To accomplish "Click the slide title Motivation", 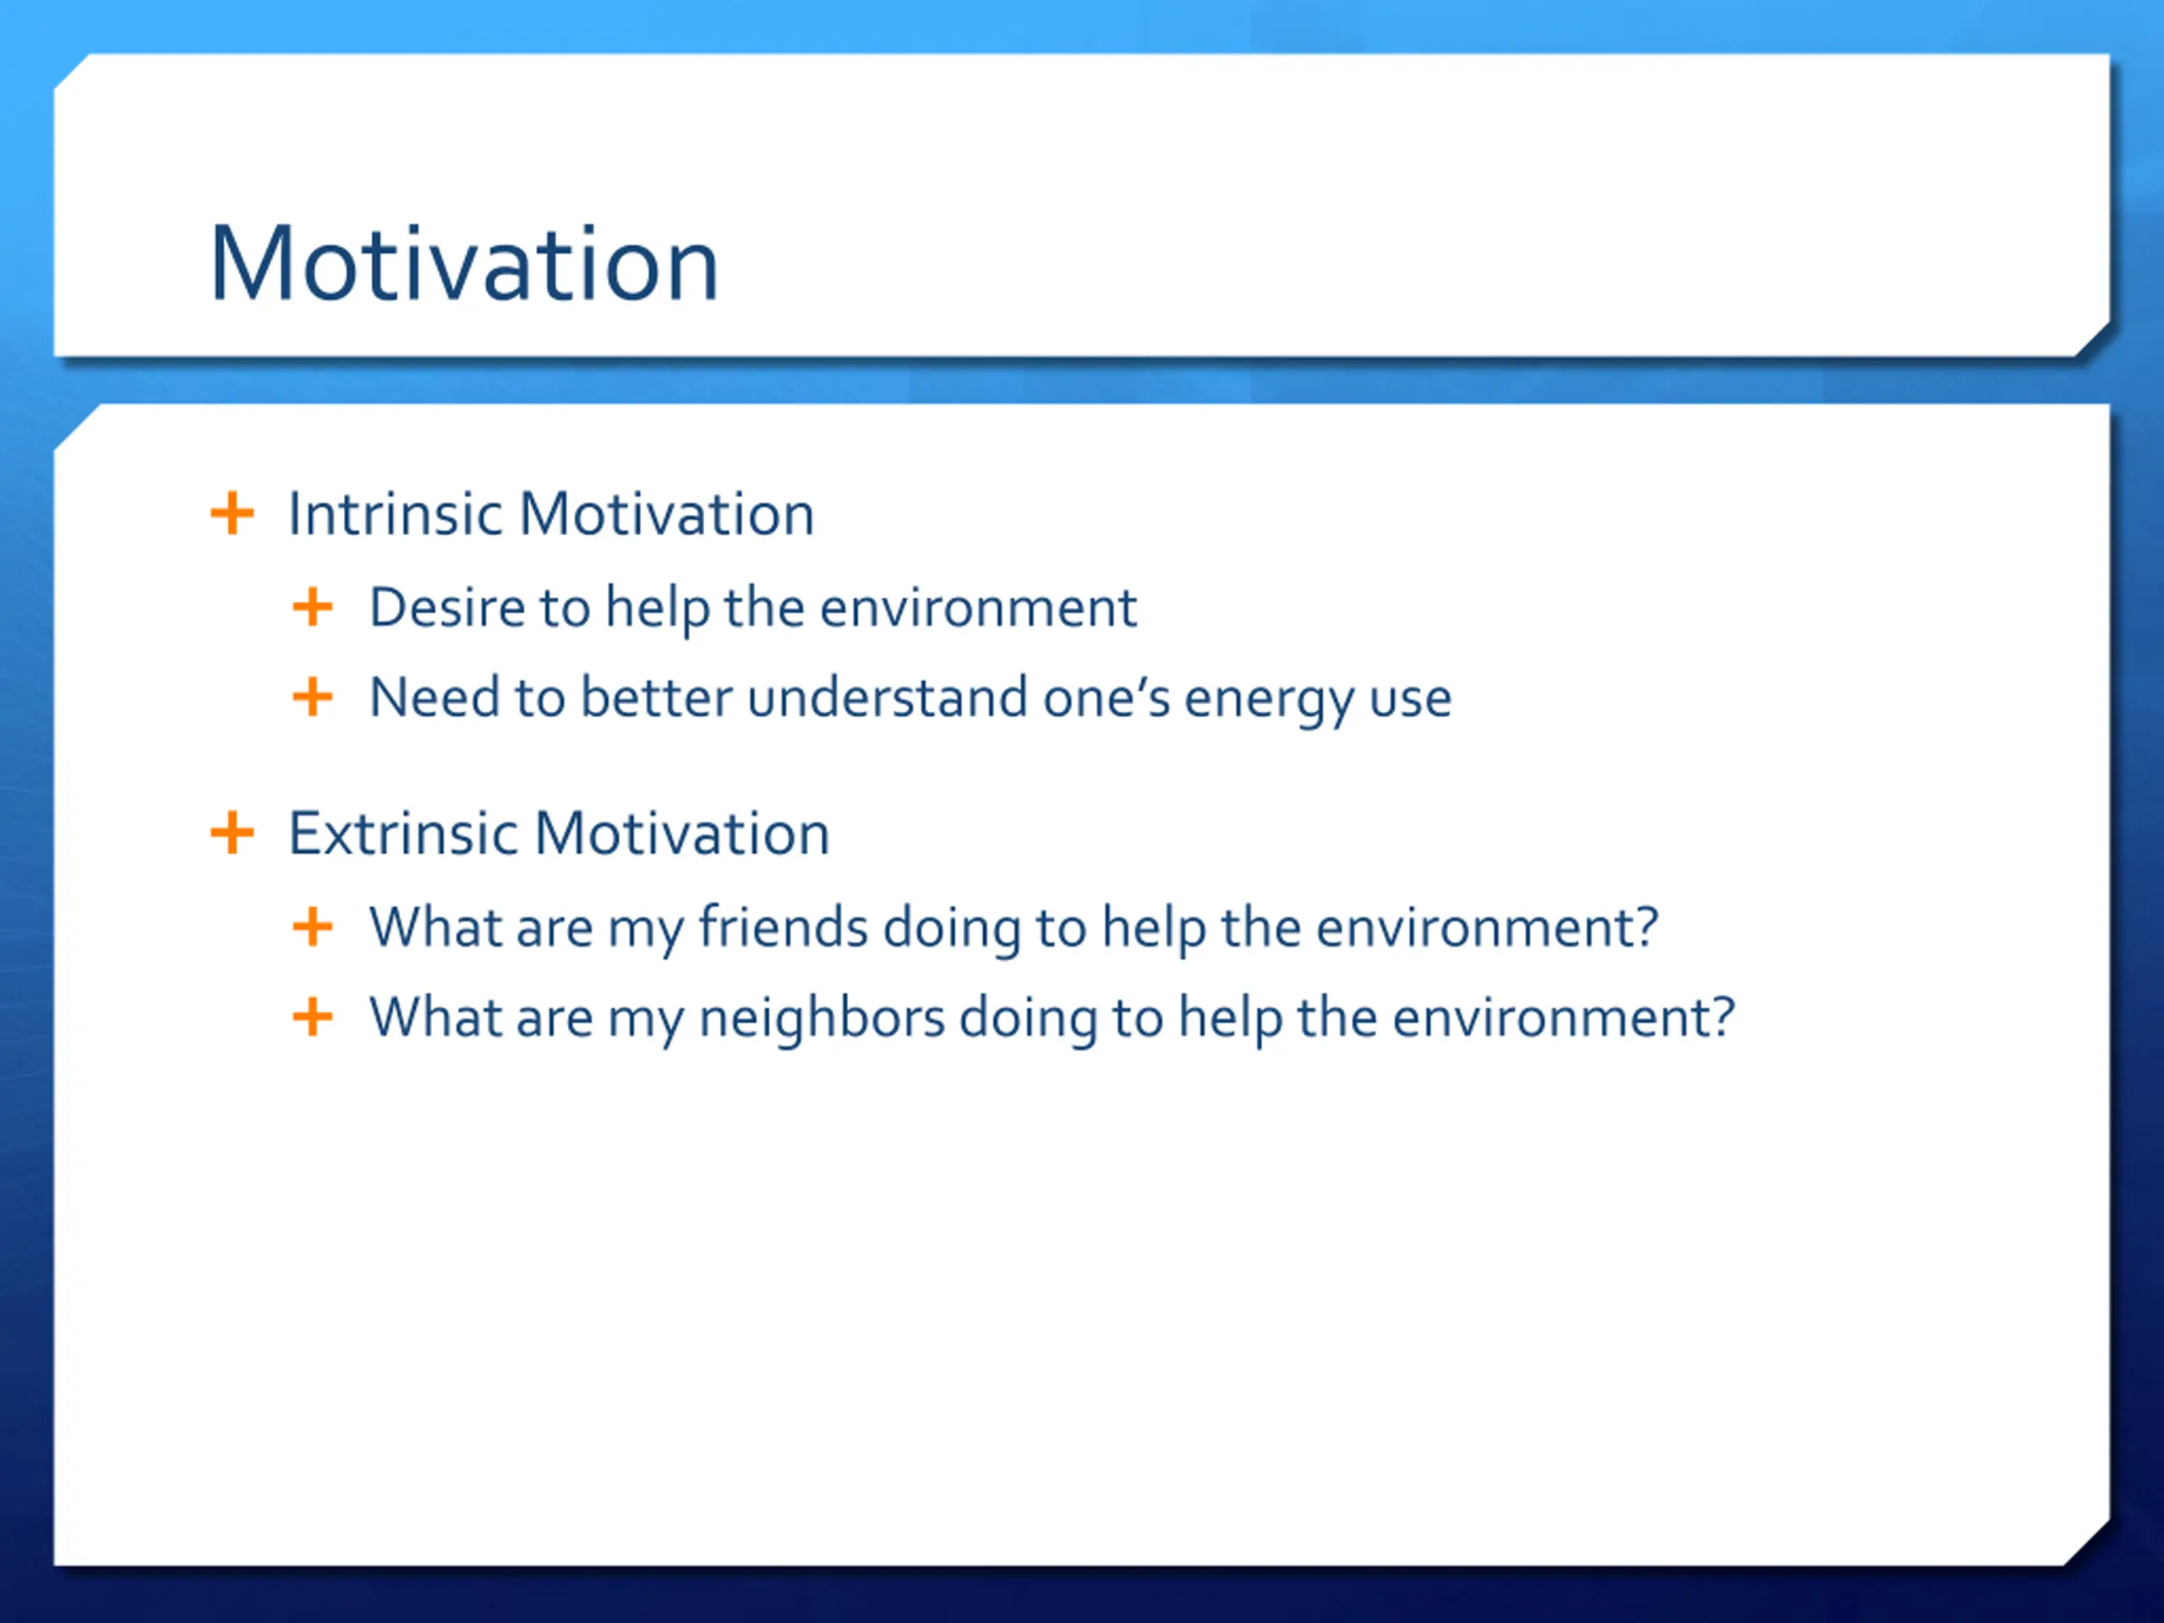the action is [x=465, y=263].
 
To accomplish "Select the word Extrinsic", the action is [x=403, y=833].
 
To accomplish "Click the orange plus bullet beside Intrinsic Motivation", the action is [x=232, y=514].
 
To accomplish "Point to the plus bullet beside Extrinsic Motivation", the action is [x=232, y=833].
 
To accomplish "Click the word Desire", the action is [x=447, y=608].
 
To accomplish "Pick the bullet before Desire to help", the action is [x=313, y=608].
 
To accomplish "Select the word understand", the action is [x=888, y=697].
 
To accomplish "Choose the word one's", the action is [x=1107, y=697].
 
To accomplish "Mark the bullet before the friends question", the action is [x=313, y=926].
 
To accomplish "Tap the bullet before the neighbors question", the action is [x=313, y=1018].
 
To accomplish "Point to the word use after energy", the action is [x=1410, y=702].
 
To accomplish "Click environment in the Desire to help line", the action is [x=978, y=608].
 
